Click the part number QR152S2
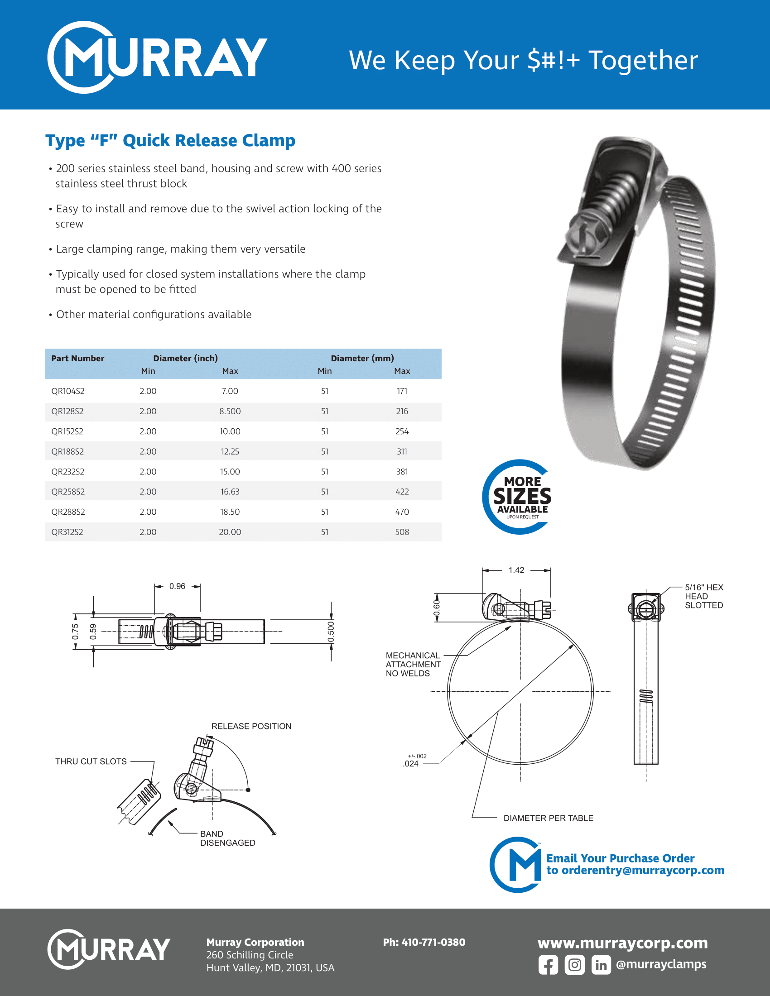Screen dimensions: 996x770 point(67,431)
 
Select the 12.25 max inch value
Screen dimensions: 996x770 point(230,451)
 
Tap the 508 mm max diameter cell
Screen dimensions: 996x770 point(402,532)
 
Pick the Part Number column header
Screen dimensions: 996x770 point(77,359)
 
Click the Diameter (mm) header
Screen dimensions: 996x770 point(362,359)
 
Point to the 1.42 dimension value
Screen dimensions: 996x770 point(516,570)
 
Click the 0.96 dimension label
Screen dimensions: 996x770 point(177,586)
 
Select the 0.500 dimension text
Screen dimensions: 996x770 point(331,632)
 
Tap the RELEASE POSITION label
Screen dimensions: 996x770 point(251,726)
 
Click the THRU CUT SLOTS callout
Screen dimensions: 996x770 point(91,761)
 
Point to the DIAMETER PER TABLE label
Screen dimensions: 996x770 point(549,818)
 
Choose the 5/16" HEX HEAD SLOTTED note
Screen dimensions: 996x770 point(703,596)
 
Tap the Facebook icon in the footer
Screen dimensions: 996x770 point(548,965)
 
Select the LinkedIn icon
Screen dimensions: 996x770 point(601,965)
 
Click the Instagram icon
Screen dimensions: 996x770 point(574,965)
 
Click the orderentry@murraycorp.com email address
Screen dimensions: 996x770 point(643,870)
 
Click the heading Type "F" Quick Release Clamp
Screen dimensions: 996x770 point(170,140)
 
